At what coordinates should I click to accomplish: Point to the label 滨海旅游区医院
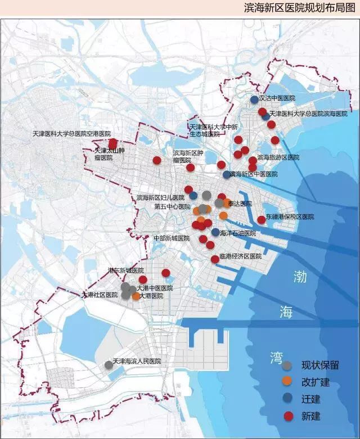coord(278,157)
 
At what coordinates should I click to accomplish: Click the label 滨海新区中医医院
coord(254,175)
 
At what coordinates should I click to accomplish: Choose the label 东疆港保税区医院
coord(290,216)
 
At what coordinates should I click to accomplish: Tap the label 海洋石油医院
coord(238,233)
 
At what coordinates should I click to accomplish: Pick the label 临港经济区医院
coord(241,256)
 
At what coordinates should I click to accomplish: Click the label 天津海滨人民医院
coord(137,361)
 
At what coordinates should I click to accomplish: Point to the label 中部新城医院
coord(172,238)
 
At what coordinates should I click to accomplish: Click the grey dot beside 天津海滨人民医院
coord(109,365)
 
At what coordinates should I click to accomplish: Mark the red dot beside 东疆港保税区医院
coord(261,220)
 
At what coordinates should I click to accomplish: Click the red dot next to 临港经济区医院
coord(215,259)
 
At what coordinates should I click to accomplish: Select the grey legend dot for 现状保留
coord(287,365)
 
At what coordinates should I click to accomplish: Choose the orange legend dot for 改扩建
coord(287,382)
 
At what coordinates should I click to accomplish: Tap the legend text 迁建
coord(311,399)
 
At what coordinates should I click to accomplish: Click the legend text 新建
coord(311,416)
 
